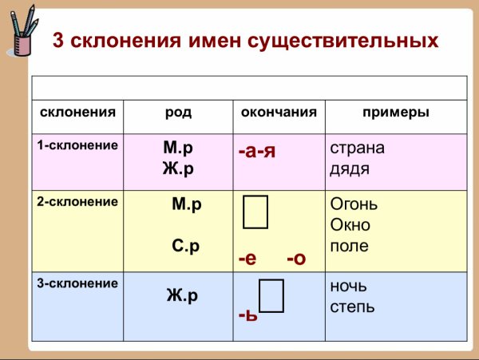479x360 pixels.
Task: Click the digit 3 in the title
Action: pyautogui.click(x=58, y=39)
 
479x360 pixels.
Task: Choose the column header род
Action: pyautogui.click(x=178, y=113)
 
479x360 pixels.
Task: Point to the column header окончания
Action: pyautogui.click(x=279, y=113)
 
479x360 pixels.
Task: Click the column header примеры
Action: pyautogui.click(x=395, y=113)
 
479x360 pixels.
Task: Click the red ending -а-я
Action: pyautogui.click(x=257, y=151)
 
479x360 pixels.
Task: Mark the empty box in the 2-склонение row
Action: pyautogui.click(x=256, y=210)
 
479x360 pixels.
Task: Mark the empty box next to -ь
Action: pyautogui.click(x=271, y=295)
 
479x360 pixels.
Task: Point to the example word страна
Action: pyautogui.click(x=357, y=148)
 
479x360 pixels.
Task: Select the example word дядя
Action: pyautogui.click(x=349, y=168)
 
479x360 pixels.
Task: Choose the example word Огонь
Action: pyautogui.click(x=354, y=205)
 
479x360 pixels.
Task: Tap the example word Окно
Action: pyautogui.click(x=350, y=225)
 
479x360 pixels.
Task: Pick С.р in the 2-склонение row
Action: pyautogui.click(x=185, y=247)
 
